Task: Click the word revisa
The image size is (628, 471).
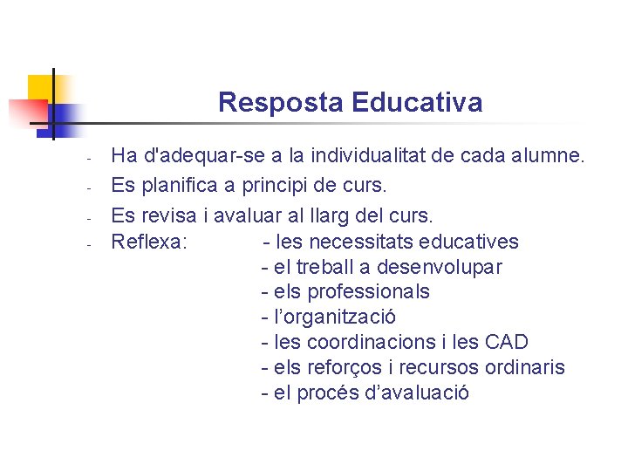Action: pyautogui.click(x=168, y=215)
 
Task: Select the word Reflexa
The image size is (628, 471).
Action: pyautogui.click(x=148, y=242)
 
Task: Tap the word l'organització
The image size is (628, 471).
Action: pyautogui.click(x=334, y=317)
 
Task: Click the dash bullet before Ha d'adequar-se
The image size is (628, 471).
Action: pyautogui.click(x=89, y=160)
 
